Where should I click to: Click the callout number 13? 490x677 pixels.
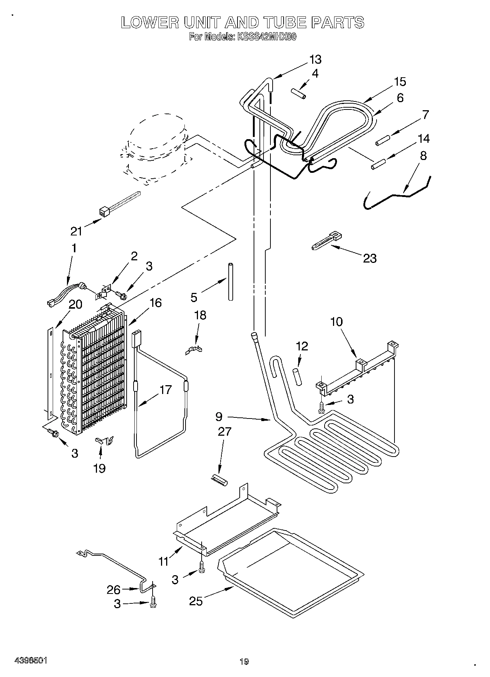coord(315,59)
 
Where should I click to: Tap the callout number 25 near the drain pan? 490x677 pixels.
coord(196,601)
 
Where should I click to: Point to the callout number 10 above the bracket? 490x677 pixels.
coord(336,322)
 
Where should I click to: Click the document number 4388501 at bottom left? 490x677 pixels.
coord(31,661)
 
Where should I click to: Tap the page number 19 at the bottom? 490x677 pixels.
coord(244,661)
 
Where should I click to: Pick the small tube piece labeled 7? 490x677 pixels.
coord(382,140)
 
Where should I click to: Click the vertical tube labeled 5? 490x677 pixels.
coord(231,281)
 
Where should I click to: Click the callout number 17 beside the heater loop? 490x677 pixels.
coord(165,390)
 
